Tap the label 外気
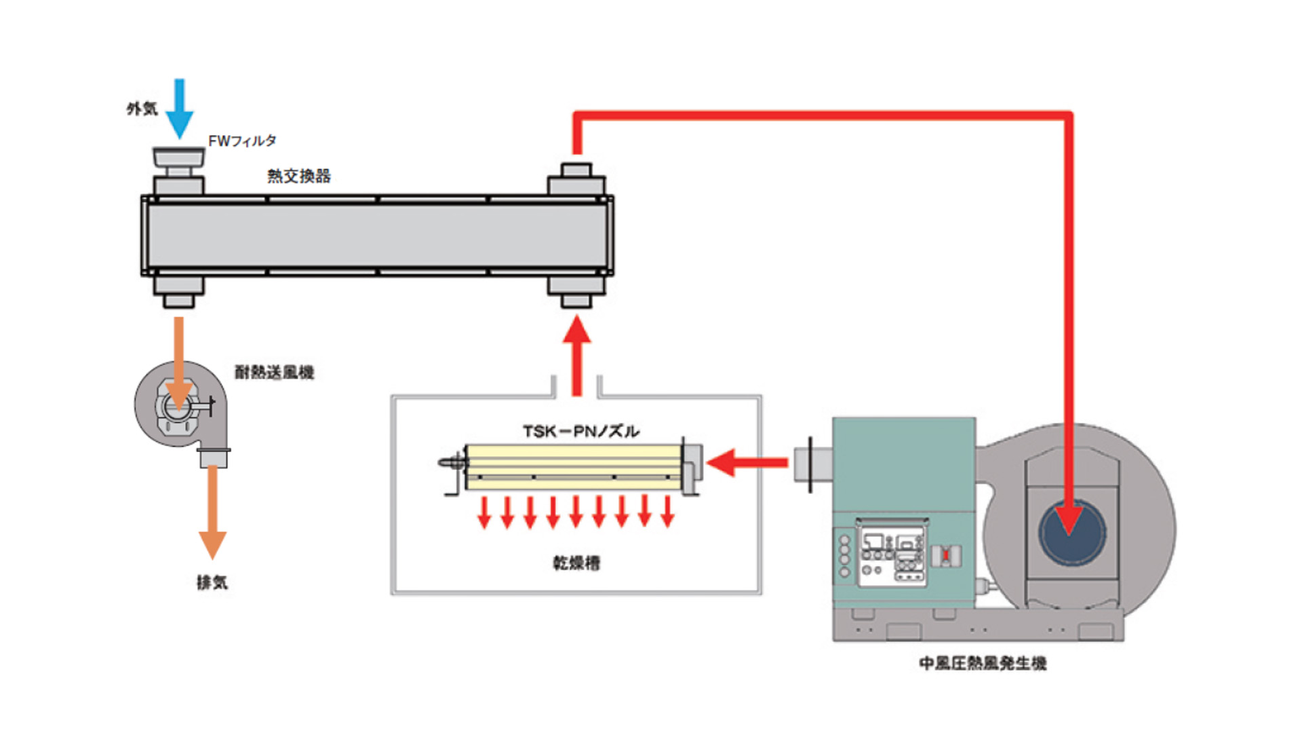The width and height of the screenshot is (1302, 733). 142,109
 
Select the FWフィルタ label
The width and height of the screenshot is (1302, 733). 242,141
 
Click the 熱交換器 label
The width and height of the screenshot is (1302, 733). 299,176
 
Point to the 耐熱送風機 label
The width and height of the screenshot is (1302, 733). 274,372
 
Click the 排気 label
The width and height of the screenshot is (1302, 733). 212,582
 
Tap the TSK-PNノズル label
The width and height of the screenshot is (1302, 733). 580,432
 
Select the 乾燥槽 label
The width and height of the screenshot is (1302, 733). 576,563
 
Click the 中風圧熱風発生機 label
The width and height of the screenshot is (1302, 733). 983,663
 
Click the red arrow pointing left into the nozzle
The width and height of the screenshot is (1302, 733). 746,463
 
